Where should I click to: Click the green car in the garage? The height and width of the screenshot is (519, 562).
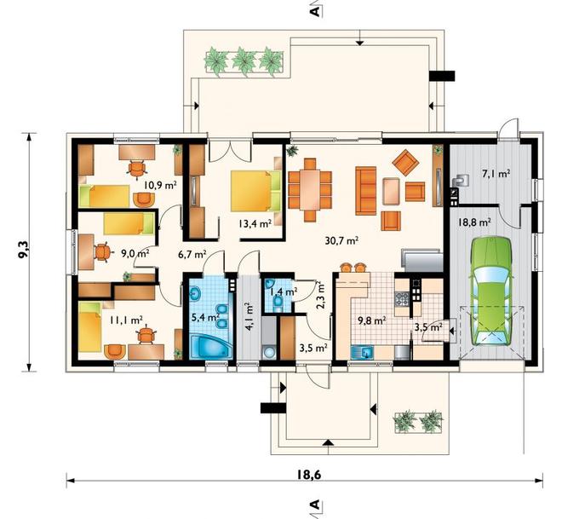pos(491,291)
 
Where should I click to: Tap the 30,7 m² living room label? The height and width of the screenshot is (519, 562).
pos(341,240)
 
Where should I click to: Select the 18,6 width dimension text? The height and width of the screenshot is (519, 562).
pos(308,474)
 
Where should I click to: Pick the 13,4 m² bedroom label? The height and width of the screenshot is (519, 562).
pos(255,224)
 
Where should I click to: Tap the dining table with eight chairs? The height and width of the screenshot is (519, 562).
pos(310,189)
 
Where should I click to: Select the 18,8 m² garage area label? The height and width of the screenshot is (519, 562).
pos(473,222)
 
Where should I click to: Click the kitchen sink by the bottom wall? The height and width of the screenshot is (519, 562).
pos(363,352)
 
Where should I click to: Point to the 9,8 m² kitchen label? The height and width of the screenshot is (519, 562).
pos(372,320)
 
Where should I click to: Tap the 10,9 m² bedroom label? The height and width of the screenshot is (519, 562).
pos(161,185)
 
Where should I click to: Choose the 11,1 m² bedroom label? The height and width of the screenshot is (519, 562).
pos(127,320)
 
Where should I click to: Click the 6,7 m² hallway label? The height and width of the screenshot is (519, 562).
pos(192,254)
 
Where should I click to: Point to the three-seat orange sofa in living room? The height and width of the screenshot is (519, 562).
pos(366,190)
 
